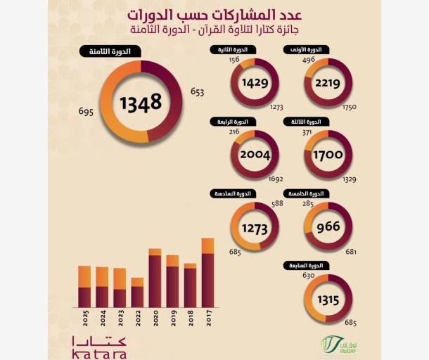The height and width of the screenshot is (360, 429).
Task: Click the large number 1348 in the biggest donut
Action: click(141, 103)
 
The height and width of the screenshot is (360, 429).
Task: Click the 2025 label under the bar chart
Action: click(84, 320)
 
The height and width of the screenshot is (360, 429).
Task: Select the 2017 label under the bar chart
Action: click(208, 320)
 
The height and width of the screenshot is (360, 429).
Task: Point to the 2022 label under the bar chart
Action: click(138, 320)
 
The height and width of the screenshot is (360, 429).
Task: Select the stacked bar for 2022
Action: click(137, 292)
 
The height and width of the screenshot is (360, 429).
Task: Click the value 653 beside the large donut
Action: click(198, 93)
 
